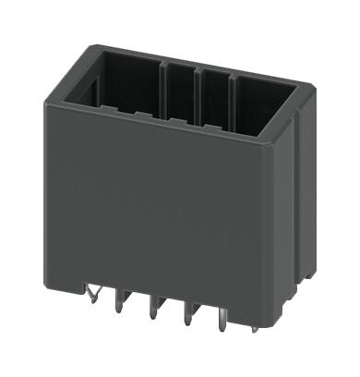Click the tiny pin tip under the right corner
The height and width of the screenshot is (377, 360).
pyautogui.click(x=255, y=327)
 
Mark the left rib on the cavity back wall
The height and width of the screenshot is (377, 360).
pyautogui.click(x=166, y=88)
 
